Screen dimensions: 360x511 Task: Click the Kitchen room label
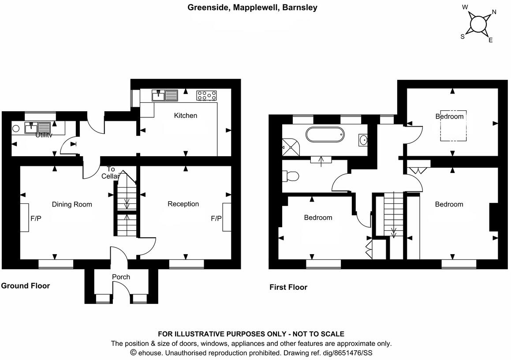tap(186, 116)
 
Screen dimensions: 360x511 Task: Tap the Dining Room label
tap(72, 204)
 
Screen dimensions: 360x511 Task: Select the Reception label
tap(183, 204)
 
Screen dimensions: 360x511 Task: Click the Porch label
tap(121, 277)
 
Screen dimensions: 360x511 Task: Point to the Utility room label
tap(44, 135)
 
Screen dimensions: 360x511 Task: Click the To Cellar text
tap(110, 172)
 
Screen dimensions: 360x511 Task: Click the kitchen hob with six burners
tap(206, 95)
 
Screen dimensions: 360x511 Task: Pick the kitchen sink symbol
tap(164, 95)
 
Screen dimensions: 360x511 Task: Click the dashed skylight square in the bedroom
tap(453, 126)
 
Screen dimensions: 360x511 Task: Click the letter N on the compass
tap(494, 12)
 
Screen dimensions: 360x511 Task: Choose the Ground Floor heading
tap(25, 286)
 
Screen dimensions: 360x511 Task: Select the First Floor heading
tap(288, 287)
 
